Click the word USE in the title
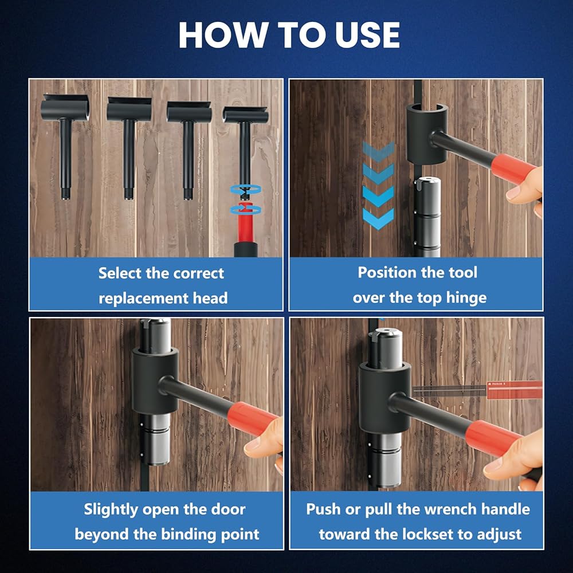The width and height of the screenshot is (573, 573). click(367, 35)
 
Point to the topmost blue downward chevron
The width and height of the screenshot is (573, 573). click(378, 151)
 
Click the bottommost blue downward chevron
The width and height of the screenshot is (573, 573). click(378, 218)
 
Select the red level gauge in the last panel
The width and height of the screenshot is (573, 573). click(515, 390)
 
